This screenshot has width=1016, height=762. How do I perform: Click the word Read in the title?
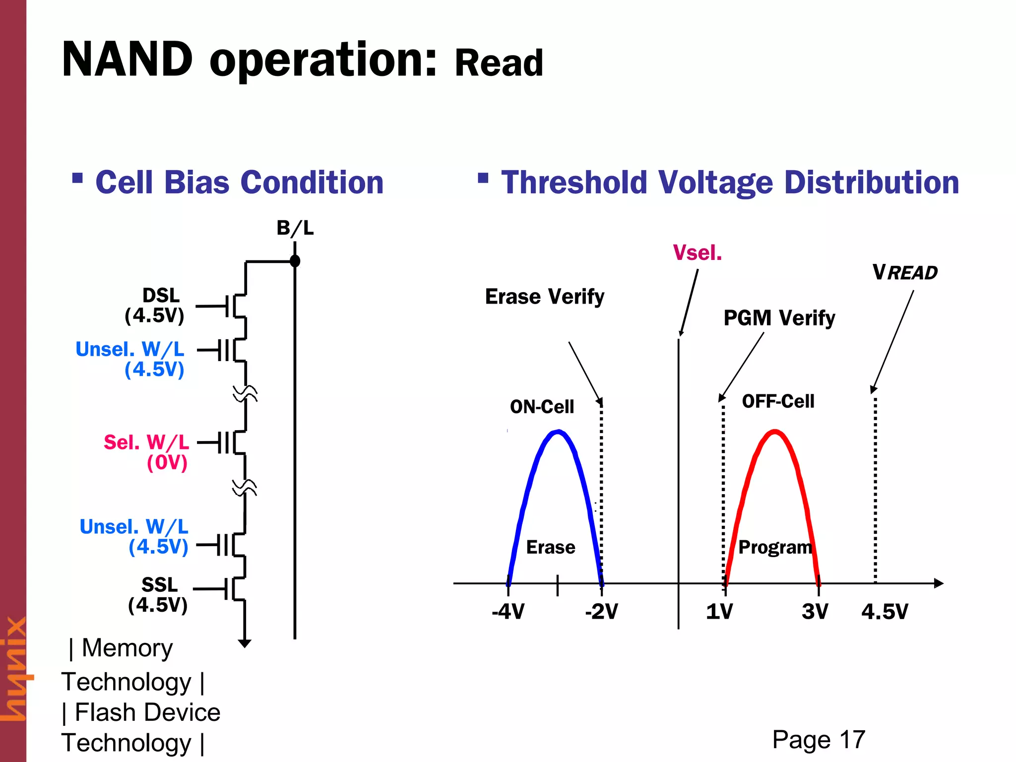pyautogui.click(x=499, y=63)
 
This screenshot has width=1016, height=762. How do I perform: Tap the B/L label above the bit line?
pyautogui.click(x=295, y=228)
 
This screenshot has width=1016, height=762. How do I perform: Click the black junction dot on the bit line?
pyautogui.click(x=295, y=261)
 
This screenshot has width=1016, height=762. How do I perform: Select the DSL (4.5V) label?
pyautogui.click(x=155, y=306)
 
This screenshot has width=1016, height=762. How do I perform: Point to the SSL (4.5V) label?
pyautogui.click(x=158, y=595)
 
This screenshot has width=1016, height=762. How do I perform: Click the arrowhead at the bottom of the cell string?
pyautogui.click(x=245, y=643)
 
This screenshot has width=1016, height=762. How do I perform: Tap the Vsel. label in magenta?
pyautogui.click(x=697, y=253)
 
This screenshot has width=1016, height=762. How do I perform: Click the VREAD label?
pyautogui.click(x=905, y=273)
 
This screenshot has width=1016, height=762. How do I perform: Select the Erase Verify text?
pyautogui.click(x=544, y=297)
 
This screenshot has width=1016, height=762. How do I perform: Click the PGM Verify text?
pyautogui.click(x=779, y=318)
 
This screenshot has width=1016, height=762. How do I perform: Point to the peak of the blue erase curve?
pyautogui.click(x=559, y=432)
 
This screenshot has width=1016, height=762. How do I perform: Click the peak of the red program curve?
pyautogui.click(x=775, y=432)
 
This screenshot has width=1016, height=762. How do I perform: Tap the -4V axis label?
pyautogui.click(x=508, y=612)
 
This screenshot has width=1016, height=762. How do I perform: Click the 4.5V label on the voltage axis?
pyautogui.click(x=885, y=612)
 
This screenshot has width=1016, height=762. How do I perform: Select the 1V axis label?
pyautogui.click(x=719, y=612)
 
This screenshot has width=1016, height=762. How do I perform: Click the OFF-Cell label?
pyautogui.click(x=778, y=401)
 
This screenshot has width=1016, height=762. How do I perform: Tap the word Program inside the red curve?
pyautogui.click(x=775, y=547)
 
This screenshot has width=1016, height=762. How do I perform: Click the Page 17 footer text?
pyautogui.click(x=819, y=740)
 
